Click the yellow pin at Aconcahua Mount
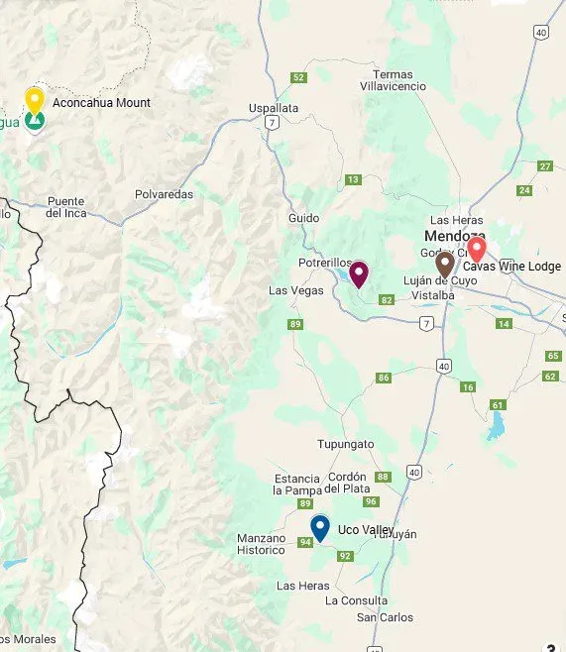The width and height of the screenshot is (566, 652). tap(34, 100)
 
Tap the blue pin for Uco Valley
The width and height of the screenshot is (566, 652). tap(319, 527)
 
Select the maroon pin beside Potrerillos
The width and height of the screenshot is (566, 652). tap(359, 273)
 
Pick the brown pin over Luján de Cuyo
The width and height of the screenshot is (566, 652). tap(445, 264)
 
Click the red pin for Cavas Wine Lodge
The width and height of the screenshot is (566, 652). tap(477, 249)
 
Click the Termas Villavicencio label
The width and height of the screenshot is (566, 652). tap(399, 80)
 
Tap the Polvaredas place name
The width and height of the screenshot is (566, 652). tap(165, 194)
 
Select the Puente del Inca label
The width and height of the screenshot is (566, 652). tap(66, 206)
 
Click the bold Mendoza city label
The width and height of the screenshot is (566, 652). tap(454, 236)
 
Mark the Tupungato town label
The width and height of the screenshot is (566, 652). tap(345, 444)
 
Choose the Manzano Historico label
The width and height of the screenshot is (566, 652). tap(261, 544)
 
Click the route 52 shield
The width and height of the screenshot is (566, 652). tap(298, 78)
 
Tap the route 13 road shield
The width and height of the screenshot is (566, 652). tap(353, 179)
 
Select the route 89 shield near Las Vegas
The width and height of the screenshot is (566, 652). tap(294, 324)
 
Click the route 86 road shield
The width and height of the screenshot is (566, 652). tap(384, 378)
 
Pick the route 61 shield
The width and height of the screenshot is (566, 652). tap(498, 404)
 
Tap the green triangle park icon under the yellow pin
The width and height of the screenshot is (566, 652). tap(35, 121)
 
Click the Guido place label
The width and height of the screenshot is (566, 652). tap(304, 217)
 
